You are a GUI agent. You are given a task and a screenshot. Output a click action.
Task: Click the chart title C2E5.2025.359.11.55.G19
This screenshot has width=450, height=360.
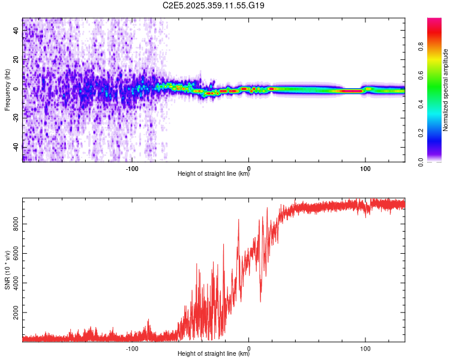214,5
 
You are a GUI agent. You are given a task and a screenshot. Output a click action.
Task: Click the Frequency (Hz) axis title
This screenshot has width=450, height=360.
7,90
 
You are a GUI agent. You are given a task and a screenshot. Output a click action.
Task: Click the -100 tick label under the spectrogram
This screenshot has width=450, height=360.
133,167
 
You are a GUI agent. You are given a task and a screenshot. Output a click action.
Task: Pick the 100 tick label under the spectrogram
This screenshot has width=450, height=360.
365,167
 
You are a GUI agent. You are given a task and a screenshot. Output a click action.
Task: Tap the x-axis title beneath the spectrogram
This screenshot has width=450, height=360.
214,174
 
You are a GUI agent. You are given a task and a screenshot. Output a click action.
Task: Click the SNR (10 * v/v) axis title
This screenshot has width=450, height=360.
7,270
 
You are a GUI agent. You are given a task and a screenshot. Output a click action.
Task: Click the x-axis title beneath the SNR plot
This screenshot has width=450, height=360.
214,354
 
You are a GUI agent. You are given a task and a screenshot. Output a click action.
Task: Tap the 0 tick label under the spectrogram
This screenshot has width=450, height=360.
249,167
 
